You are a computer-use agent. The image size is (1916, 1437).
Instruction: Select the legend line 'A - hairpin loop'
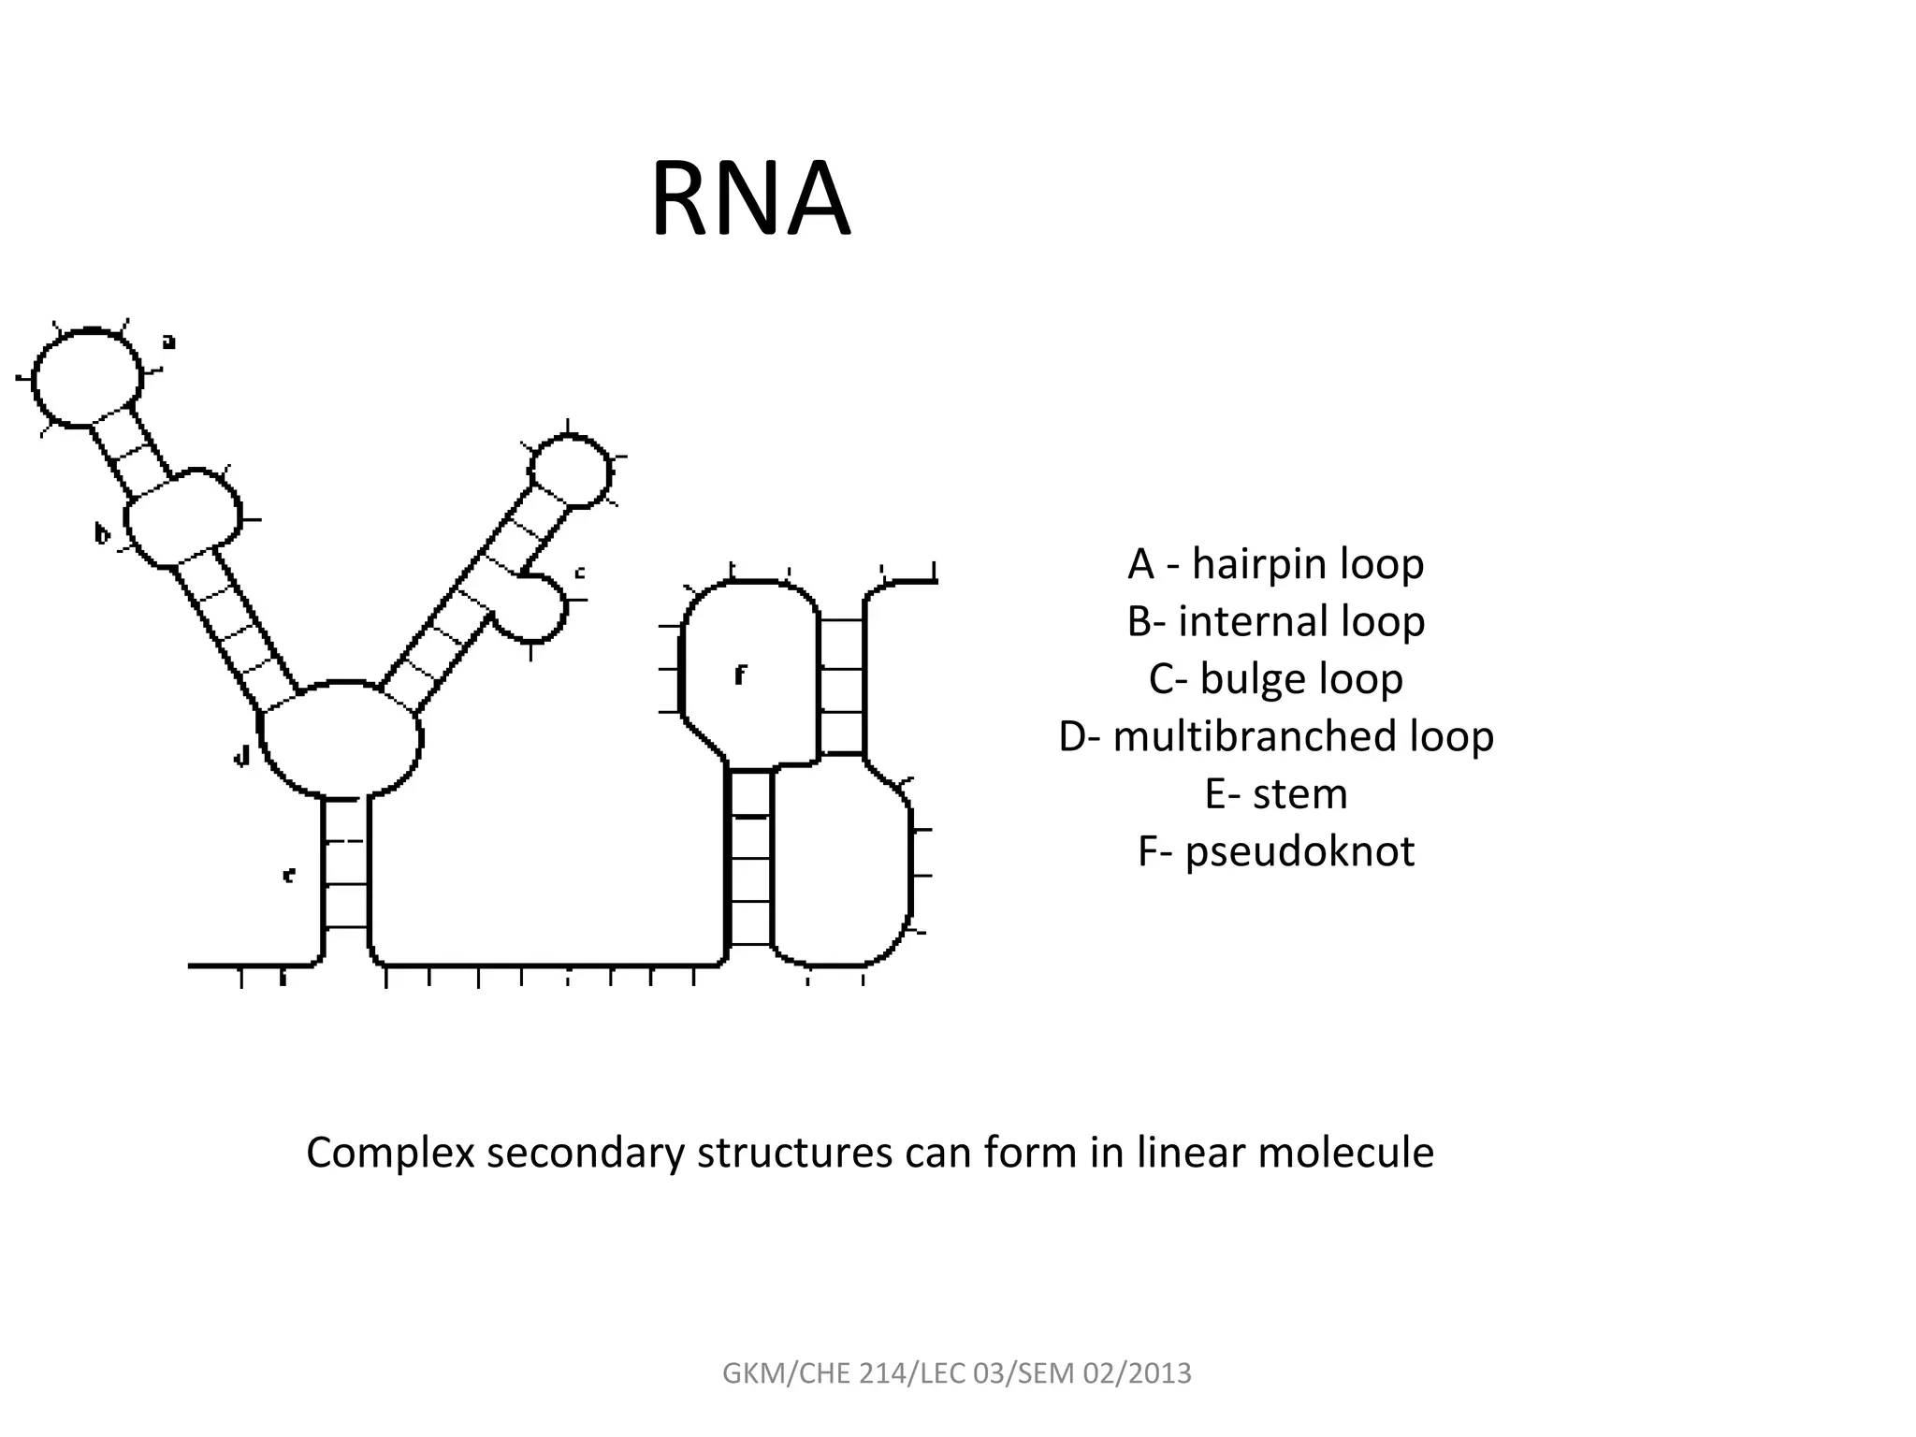(x=1275, y=564)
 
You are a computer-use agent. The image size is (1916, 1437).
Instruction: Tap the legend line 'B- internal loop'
(x=1275, y=621)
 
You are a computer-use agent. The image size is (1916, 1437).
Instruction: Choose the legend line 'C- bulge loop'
(x=1275, y=679)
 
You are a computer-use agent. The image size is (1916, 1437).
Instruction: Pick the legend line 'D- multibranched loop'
(x=1275, y=736)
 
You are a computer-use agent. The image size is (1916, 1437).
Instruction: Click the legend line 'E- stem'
(x=1275, y=794)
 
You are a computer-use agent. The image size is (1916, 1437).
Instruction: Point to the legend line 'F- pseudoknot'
(x=1275, y=851)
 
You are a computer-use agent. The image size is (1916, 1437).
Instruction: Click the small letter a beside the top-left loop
(x=168, y=342)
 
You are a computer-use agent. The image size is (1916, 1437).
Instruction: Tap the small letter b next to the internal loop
(x=102, y=534)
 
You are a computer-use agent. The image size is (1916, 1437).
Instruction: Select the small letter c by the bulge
(x=579, y=572)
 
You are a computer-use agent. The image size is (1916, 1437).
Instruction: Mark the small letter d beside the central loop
(x=242, y=756)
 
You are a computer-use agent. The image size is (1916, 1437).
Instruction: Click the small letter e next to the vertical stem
(x=289, y=876)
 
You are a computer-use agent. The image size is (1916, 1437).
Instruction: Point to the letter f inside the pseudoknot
(x=740, y=675)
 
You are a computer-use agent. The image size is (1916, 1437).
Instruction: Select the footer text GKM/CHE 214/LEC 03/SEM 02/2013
(x=957, y=1373)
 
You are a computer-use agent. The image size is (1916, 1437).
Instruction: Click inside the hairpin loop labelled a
(x=87, y=378)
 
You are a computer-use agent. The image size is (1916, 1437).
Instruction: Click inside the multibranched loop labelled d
(x=341, y=740)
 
